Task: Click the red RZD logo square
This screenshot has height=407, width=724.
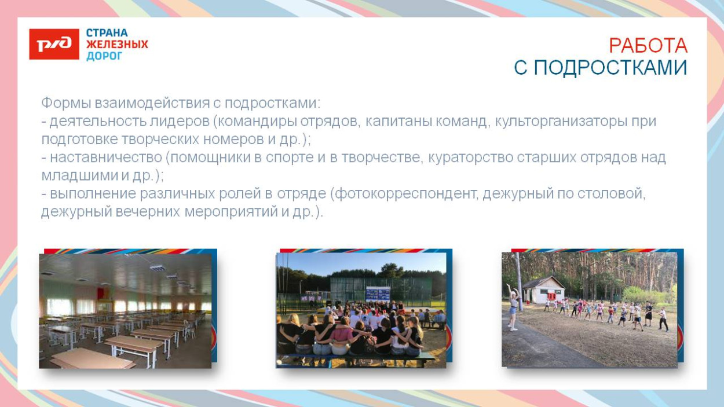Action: pos(54,44)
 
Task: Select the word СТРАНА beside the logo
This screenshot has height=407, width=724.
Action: pos(107,33)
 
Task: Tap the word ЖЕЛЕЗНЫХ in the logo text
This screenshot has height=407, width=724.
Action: pos(117,45)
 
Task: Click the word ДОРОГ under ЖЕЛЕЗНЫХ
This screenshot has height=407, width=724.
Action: pos(104,56)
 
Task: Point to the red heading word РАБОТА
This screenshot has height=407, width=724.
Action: pos(648,45)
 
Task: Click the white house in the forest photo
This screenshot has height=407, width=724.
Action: pos(543,289)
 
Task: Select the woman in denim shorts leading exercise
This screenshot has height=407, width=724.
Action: pos(512,307)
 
